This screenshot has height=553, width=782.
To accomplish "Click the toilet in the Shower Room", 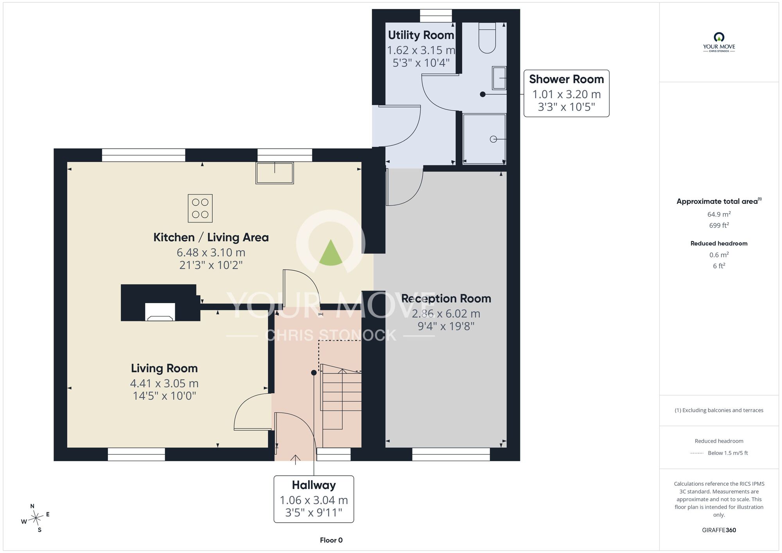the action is click(x=487, y=38).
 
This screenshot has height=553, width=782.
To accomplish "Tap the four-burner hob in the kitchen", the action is click(x=200, y=208).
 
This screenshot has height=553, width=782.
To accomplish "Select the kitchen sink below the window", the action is click(x=274, y=173).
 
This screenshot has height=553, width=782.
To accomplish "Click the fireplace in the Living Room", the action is click(x=160, y=312).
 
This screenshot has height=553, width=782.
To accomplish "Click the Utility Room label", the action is click(x=421, y=35).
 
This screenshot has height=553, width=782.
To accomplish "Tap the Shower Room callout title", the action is click(x=566, y=79).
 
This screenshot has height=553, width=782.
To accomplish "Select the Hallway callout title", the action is click(x=314, y=485).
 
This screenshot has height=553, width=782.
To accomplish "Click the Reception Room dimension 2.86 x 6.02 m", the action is click(x=446, y=314).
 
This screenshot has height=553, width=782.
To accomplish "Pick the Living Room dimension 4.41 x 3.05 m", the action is click(x=164, y=383).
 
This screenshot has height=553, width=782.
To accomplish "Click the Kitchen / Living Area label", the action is click(x=211, y=237).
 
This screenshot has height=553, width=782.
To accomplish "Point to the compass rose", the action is click(x=36, y=518).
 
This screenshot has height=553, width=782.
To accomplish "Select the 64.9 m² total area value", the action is click(x=719, y=214).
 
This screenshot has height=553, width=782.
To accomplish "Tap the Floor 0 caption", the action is click(x=331, y=540).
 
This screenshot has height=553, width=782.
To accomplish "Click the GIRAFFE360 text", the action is click(x=719, y=530).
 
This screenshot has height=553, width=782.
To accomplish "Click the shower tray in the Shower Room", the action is click(x=484, y=139).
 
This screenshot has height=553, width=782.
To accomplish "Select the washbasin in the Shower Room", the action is click(x=499, y=78).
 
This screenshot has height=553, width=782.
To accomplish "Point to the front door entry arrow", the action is click(x=295, y=460).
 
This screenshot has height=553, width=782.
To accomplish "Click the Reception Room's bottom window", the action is click(x=451, y=454).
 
